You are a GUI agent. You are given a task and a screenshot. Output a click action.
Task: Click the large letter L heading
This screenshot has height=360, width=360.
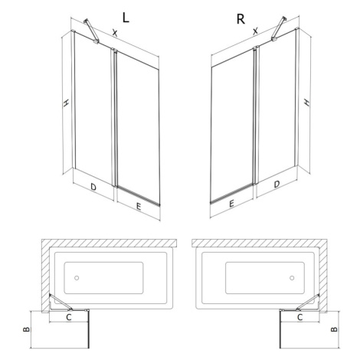pyautogui.click(x=126, y=18)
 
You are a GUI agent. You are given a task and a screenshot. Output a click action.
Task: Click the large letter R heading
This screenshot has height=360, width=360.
pyautogui.click(x=241, y=19)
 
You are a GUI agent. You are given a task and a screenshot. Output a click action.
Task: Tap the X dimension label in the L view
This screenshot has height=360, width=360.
pyautogui.click(x=115, y=33)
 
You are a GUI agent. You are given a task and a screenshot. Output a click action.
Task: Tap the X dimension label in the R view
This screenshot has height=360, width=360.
pyautogui.click(x=255, y=31)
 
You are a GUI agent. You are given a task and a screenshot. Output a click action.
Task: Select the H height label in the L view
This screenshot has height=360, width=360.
pyautogui.click(x=66, y=103)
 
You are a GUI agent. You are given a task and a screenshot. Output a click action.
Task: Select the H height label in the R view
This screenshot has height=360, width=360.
pyautogui.click(x=306, y=102)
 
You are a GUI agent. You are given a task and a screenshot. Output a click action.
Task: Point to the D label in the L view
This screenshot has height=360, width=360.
pyautogui.click(x=93, y=187)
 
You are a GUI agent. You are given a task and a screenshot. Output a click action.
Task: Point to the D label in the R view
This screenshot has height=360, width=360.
pyautogui.click(x=277, y=184)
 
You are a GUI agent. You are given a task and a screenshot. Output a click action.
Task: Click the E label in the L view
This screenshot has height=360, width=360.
pyautogui.click(x=139, y=207)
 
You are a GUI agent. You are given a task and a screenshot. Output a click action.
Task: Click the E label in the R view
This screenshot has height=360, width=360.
pyautogui.click(x=231, y=204)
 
